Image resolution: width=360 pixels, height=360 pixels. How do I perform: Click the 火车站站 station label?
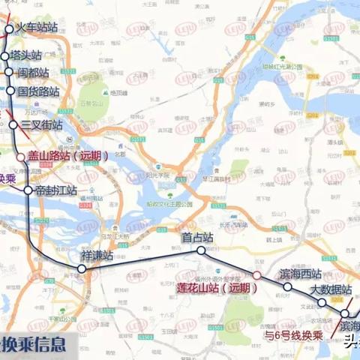click(36, 28)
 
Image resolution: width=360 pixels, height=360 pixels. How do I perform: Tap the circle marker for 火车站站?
click(10, 30)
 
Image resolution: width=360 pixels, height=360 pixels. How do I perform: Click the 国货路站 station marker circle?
click(10, 91)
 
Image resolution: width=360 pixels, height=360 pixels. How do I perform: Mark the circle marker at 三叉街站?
click(13, 125)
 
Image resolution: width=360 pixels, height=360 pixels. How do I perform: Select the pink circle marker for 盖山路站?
click(21, 157)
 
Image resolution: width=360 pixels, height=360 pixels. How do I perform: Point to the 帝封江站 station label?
click(56, 190)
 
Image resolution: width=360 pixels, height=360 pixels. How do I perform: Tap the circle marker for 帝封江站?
click(28, 190)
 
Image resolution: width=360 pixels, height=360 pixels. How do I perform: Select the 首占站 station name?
click(197, 237)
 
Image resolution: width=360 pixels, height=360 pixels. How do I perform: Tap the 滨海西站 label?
click(300, 274)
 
